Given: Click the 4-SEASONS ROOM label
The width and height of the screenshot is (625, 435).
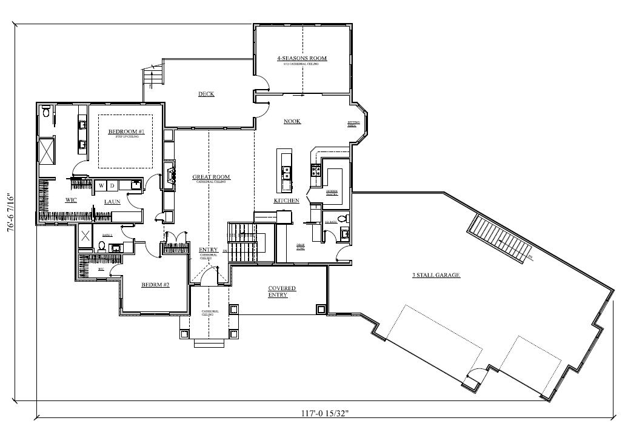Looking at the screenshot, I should pyautogui.click(x=302, y=58).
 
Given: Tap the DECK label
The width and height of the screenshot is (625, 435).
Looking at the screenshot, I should pyautogui.click(x=206, y=94).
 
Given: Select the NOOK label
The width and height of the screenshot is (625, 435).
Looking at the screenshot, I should pyautogui.click(x=292, y=122).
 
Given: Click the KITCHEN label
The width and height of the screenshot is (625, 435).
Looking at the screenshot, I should pyautogui.click(x=286, y=200).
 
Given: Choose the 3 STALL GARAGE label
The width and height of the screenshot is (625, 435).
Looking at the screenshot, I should pyautogui.click(x=436, y=275).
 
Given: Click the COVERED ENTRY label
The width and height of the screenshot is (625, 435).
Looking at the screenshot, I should pyautogui.click(x=282, y=291).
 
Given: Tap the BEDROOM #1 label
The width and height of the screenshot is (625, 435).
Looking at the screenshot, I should pyautogui.click(x=127, y=131).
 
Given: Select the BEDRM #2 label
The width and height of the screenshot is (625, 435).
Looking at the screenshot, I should pyautogui.click(x=155, y=284).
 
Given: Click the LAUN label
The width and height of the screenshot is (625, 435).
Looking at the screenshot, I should pyautogui.click(x=112, y=202).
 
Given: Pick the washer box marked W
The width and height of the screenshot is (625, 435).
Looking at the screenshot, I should pyautogui.click(x=102, y=185).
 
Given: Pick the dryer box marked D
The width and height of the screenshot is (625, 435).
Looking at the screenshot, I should pyautogui.click(x=112, y=185).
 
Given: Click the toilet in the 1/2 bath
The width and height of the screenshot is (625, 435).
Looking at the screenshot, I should pyautogui.click(x=342, y=219).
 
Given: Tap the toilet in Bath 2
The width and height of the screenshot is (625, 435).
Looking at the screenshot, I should pyautogui.click(x=101, y=247).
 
